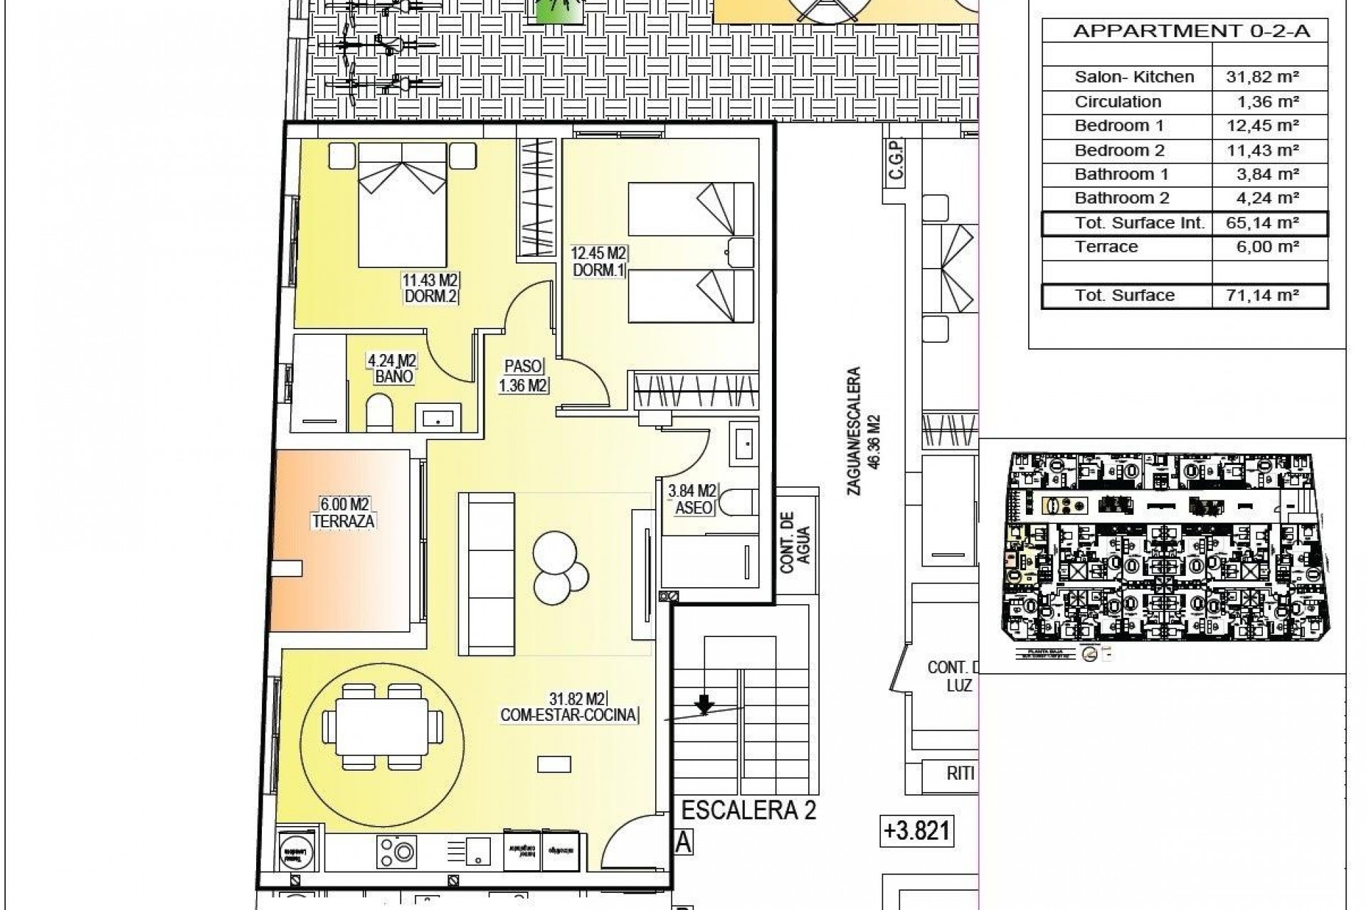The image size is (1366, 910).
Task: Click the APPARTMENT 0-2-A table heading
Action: pyautogui.click(x=1191, y=31)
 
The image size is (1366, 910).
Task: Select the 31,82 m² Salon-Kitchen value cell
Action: pyautogui.click(x=1262, y=77)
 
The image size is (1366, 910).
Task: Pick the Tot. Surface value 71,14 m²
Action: pyautogui.click(x=1262, y=295)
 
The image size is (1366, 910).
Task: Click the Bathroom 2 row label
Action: pyautogui.click(x=1121, y=198)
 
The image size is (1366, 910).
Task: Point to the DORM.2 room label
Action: pyautogui.click(x=429, y=296)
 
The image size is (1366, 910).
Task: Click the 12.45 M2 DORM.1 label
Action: pyautogui.click(x=598, y=262)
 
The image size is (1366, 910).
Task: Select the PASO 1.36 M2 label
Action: pyautogui.click(x=523, y=376)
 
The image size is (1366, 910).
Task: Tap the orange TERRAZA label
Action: pyautogui.click(x=343, y=513)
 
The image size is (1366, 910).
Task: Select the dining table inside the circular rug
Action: pyautogui.click(x=376, y=726)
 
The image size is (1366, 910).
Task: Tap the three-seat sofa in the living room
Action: pyautogui.click(x=487, y=573)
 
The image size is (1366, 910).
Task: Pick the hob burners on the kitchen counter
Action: pyautogui.click(x=397, y=850)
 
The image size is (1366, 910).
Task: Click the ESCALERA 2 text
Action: pyautogui.click(x=748, y=809)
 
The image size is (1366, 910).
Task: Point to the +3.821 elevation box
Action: pyautogui.click(x=916, y=830)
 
